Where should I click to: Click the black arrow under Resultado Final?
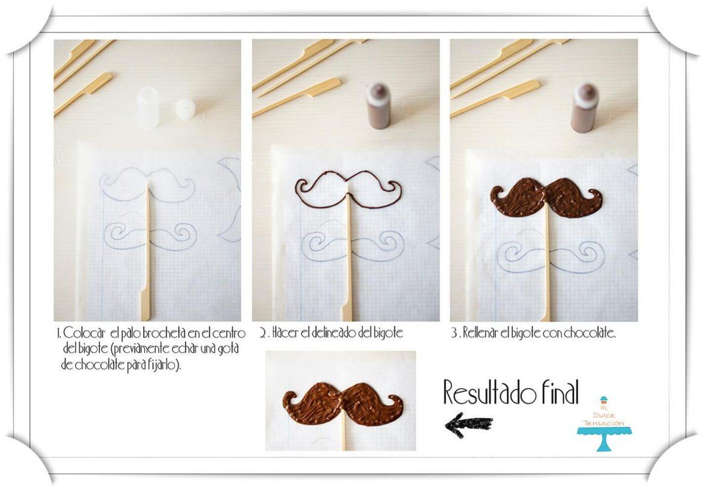click(x=468, y=425)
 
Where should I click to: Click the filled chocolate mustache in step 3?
click(x=546, y=197)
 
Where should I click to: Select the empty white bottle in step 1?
click(x=148, y=108)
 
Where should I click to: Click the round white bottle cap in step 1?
click(x=185, y=109)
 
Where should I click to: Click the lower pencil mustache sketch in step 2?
click(x=347, y=245)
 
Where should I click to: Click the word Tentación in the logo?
click(x=604, y=423)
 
